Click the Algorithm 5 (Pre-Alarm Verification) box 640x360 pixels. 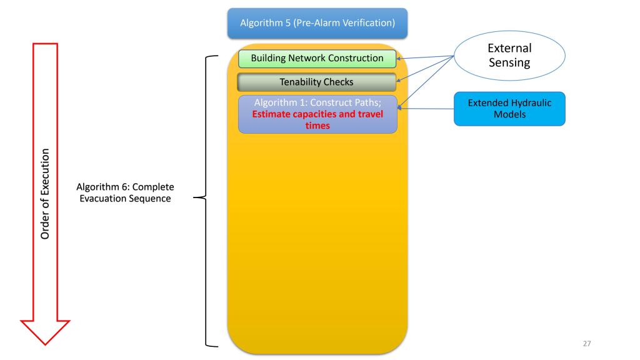coord(317,22)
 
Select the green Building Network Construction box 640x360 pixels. coord(317,59)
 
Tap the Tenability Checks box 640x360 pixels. coord(317,82)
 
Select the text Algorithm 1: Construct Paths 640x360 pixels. coord(317,102)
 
